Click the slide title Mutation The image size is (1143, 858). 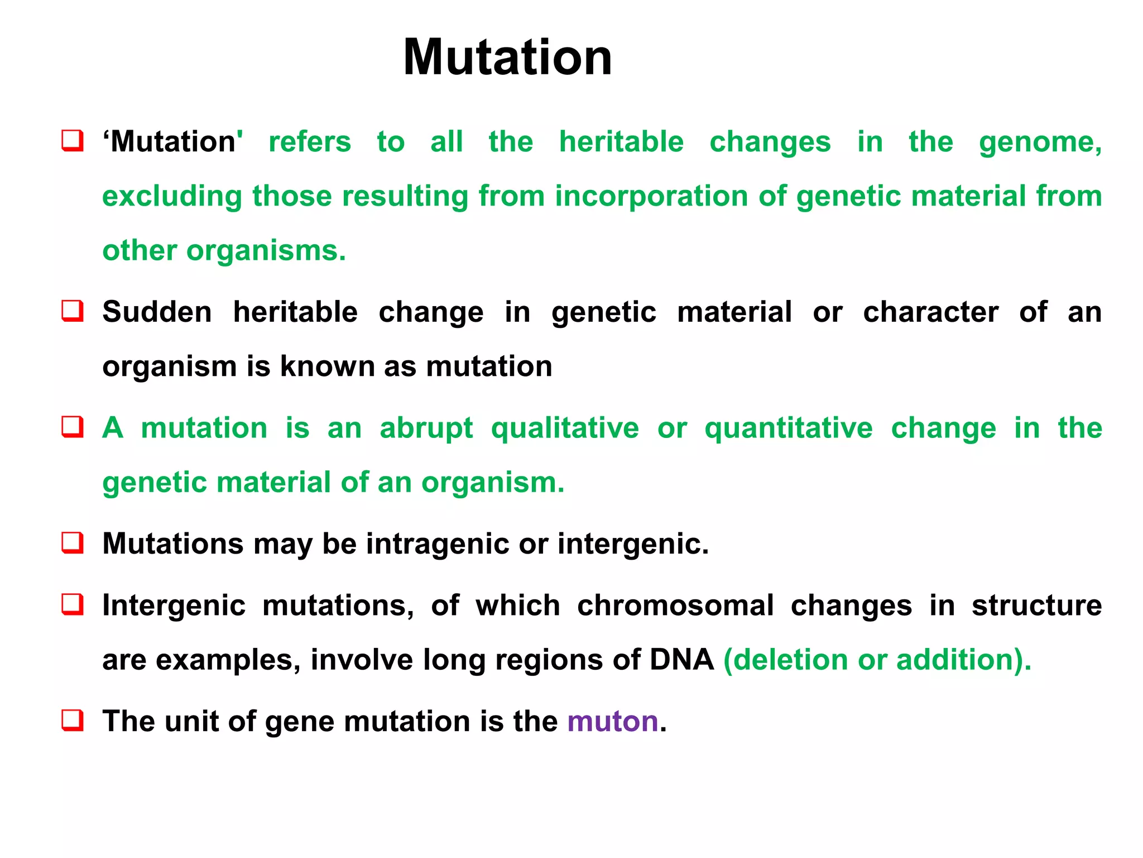[507, 58]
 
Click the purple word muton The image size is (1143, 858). [613, 721]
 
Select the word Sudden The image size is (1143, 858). [157, 312]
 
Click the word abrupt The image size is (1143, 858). [426, 428]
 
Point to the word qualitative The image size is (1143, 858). [564, 428]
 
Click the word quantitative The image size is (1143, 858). [788, 428]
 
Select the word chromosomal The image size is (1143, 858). [675, 606]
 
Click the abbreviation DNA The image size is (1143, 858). [681, 660]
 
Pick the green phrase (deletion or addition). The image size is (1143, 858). [877, 660]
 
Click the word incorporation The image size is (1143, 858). [651, 197]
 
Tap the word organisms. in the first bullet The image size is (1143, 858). [266, 251]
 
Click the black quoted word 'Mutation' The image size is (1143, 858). [172, 142]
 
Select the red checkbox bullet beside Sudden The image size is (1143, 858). [73, 311]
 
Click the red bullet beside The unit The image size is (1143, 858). [73, 720]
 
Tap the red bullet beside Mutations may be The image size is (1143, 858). [73, 542]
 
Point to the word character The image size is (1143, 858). [930, 312]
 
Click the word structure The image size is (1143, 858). [1036, 606]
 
